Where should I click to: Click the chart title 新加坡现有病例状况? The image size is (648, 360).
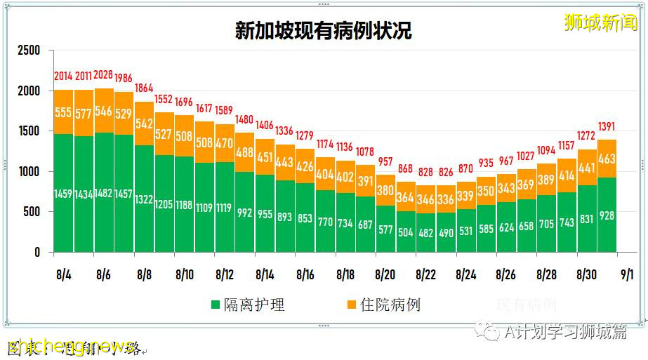tap(323, 31)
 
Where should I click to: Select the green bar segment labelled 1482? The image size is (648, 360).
tap(104, 192)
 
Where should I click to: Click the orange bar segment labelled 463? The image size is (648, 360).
tap(607, 159)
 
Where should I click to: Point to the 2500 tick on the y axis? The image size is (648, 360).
tap(29, 51)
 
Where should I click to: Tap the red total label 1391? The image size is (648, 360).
tap(607, 127)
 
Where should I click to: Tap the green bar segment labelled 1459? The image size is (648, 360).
tap(63, 192)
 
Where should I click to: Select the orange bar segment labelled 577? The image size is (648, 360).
tap(84, 114)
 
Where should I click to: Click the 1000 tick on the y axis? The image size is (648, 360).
tap(29, 172)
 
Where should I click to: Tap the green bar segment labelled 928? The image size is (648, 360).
tap(607, 215)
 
